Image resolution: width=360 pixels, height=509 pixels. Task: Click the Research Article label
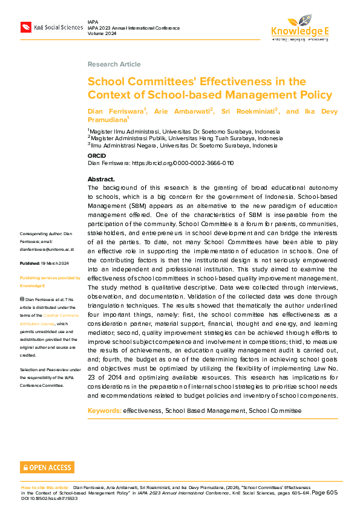click(x=114, y=64)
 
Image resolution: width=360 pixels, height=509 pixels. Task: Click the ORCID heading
click(x=96, y=156)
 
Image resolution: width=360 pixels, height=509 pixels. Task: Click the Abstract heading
click(x=101, y=180)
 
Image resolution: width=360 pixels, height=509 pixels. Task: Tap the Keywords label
click(x=104, y=410)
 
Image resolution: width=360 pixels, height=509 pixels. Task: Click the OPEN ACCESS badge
click(x=47, y=467)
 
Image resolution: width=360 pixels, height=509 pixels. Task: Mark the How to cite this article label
click(x=45, y=487)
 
